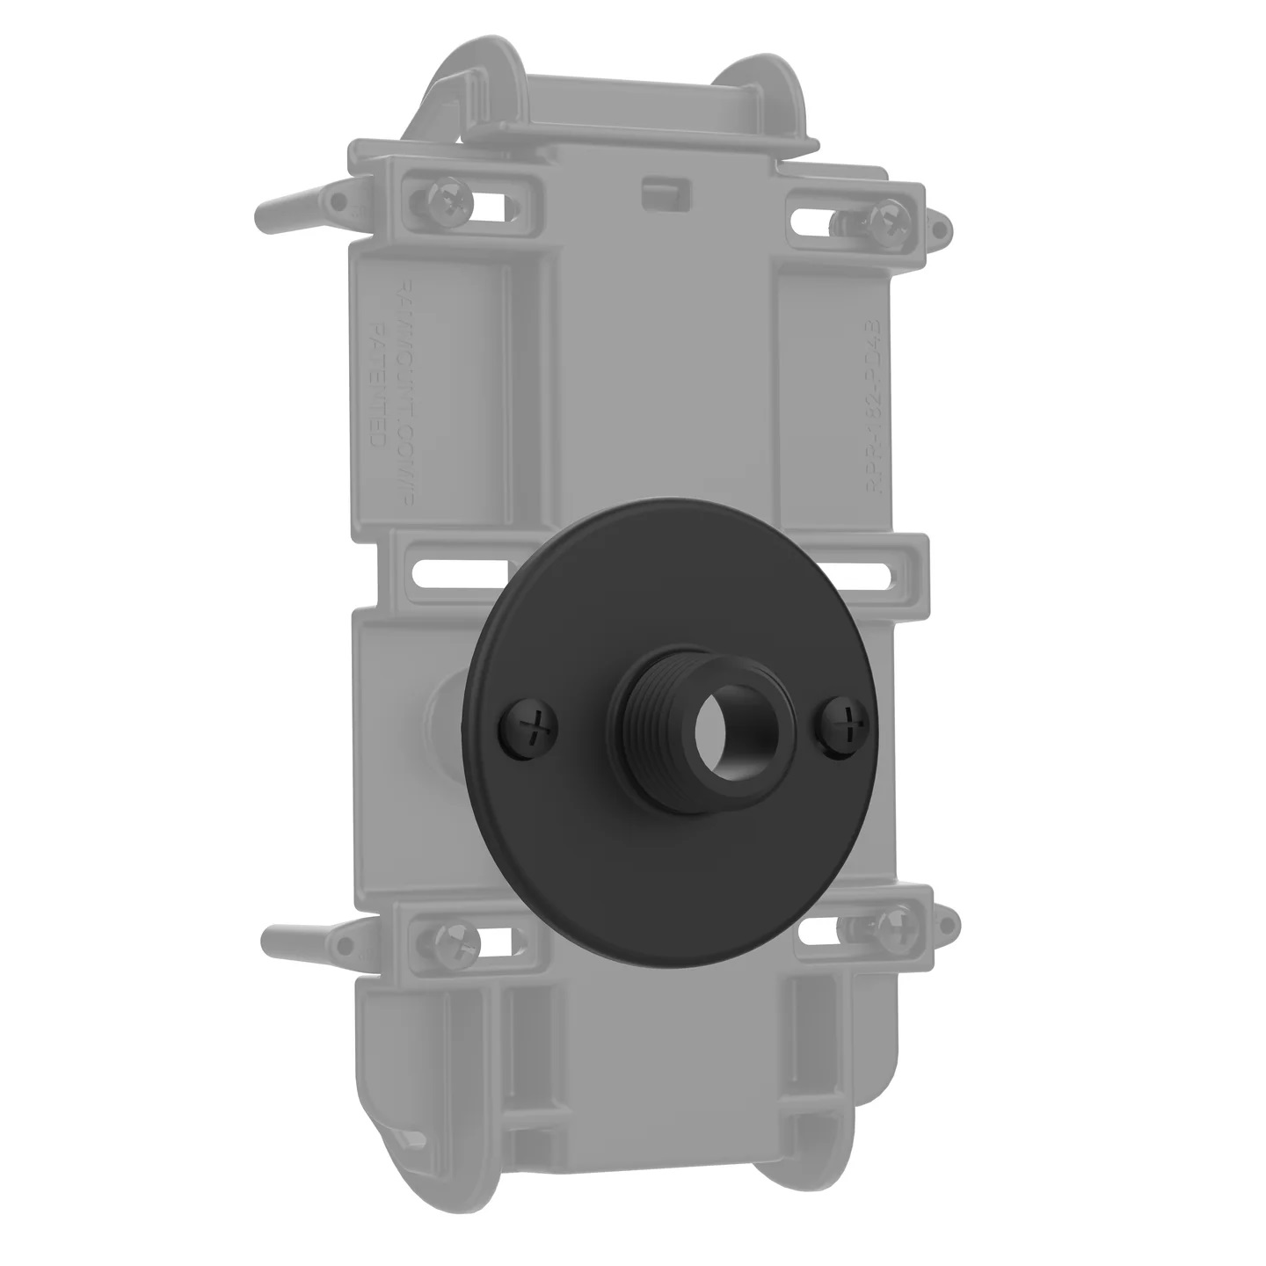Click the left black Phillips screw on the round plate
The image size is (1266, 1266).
click(x=530, y=726)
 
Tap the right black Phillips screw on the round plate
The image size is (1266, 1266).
click(x=843, y=727)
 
